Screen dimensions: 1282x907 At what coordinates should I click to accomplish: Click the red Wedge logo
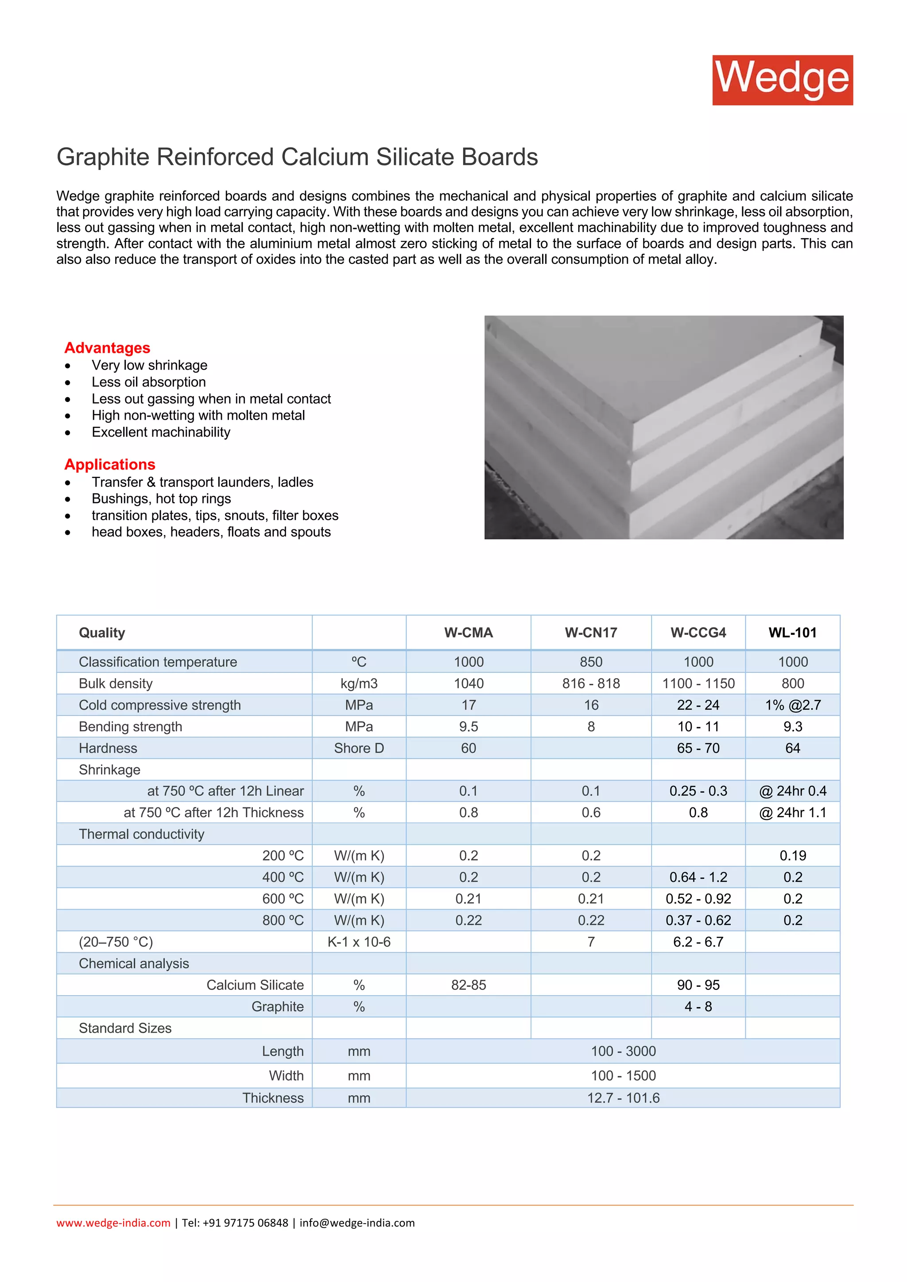point(782,80)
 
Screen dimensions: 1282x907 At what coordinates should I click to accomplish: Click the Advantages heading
point(107,348)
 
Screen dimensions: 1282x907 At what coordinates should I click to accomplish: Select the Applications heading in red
point(109,464)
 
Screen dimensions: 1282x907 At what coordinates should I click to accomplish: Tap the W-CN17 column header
point(591,633)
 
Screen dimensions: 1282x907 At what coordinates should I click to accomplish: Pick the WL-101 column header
point(792,633)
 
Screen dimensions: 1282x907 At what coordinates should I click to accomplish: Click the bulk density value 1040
point(469,683)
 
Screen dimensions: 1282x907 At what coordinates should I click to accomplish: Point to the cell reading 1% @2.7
point(792,705)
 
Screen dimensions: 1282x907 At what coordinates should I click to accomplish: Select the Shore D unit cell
point(359,748)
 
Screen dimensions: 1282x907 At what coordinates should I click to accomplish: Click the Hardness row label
point(108,748)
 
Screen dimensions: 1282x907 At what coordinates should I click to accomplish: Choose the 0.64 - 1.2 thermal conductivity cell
point(698,877)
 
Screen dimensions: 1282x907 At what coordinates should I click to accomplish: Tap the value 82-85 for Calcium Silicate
point(469,985)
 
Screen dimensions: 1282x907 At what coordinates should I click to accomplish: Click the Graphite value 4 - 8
point(698,1007)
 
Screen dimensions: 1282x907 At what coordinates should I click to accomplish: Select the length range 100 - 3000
point(623,1051)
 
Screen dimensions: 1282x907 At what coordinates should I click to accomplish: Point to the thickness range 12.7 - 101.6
point(623,1098)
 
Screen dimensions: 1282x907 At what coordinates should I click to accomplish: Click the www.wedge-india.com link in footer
point(113,1223)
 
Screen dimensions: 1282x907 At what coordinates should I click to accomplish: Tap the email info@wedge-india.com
point(357,1223)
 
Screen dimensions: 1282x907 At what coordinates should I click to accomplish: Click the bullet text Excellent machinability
point(161,432)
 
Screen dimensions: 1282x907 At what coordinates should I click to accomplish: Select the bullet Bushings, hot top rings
point(161,498)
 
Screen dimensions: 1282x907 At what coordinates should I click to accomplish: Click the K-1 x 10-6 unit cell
point(359,942)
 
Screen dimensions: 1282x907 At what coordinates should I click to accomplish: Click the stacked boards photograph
point(663,427)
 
